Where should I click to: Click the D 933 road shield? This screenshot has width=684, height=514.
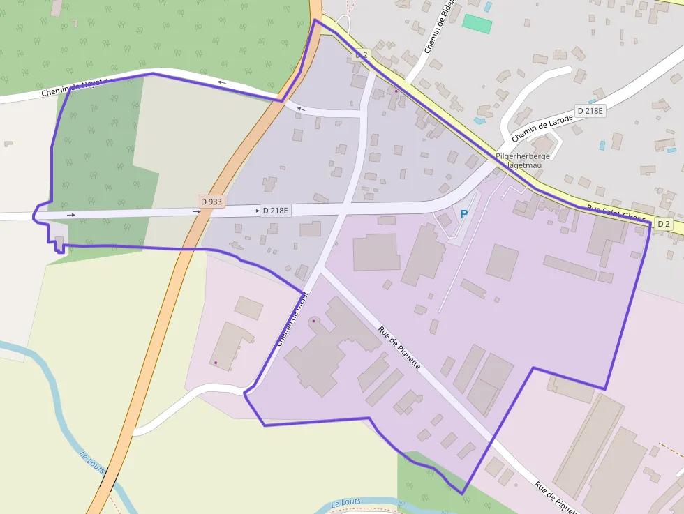pos(211,202)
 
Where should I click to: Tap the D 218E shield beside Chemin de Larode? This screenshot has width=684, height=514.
pos(589,111)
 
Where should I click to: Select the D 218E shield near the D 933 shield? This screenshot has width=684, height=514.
pos(275,210)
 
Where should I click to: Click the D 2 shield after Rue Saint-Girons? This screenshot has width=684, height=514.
pos(663,224)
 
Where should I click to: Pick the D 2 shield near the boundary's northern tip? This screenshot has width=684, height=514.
pos(361,54)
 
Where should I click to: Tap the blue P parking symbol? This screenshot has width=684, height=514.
pos(464,214)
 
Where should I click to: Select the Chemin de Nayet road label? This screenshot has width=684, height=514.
pos(72,87)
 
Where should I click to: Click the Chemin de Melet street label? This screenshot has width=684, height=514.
pos(291,320)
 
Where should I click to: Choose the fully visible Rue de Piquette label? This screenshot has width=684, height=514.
pos(399,348)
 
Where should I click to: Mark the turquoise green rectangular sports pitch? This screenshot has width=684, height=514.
pos(477,24)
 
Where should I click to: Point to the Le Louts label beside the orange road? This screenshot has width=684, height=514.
pos(91,461)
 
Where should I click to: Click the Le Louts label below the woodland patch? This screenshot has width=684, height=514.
pos(346,502)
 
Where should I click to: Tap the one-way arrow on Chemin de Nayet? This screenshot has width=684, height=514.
pos(222,83)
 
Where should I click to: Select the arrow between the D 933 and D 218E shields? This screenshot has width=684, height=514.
pos(255,210)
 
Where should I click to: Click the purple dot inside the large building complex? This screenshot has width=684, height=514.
pos(313,321)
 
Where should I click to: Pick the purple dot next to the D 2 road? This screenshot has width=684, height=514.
pos(396,91)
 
